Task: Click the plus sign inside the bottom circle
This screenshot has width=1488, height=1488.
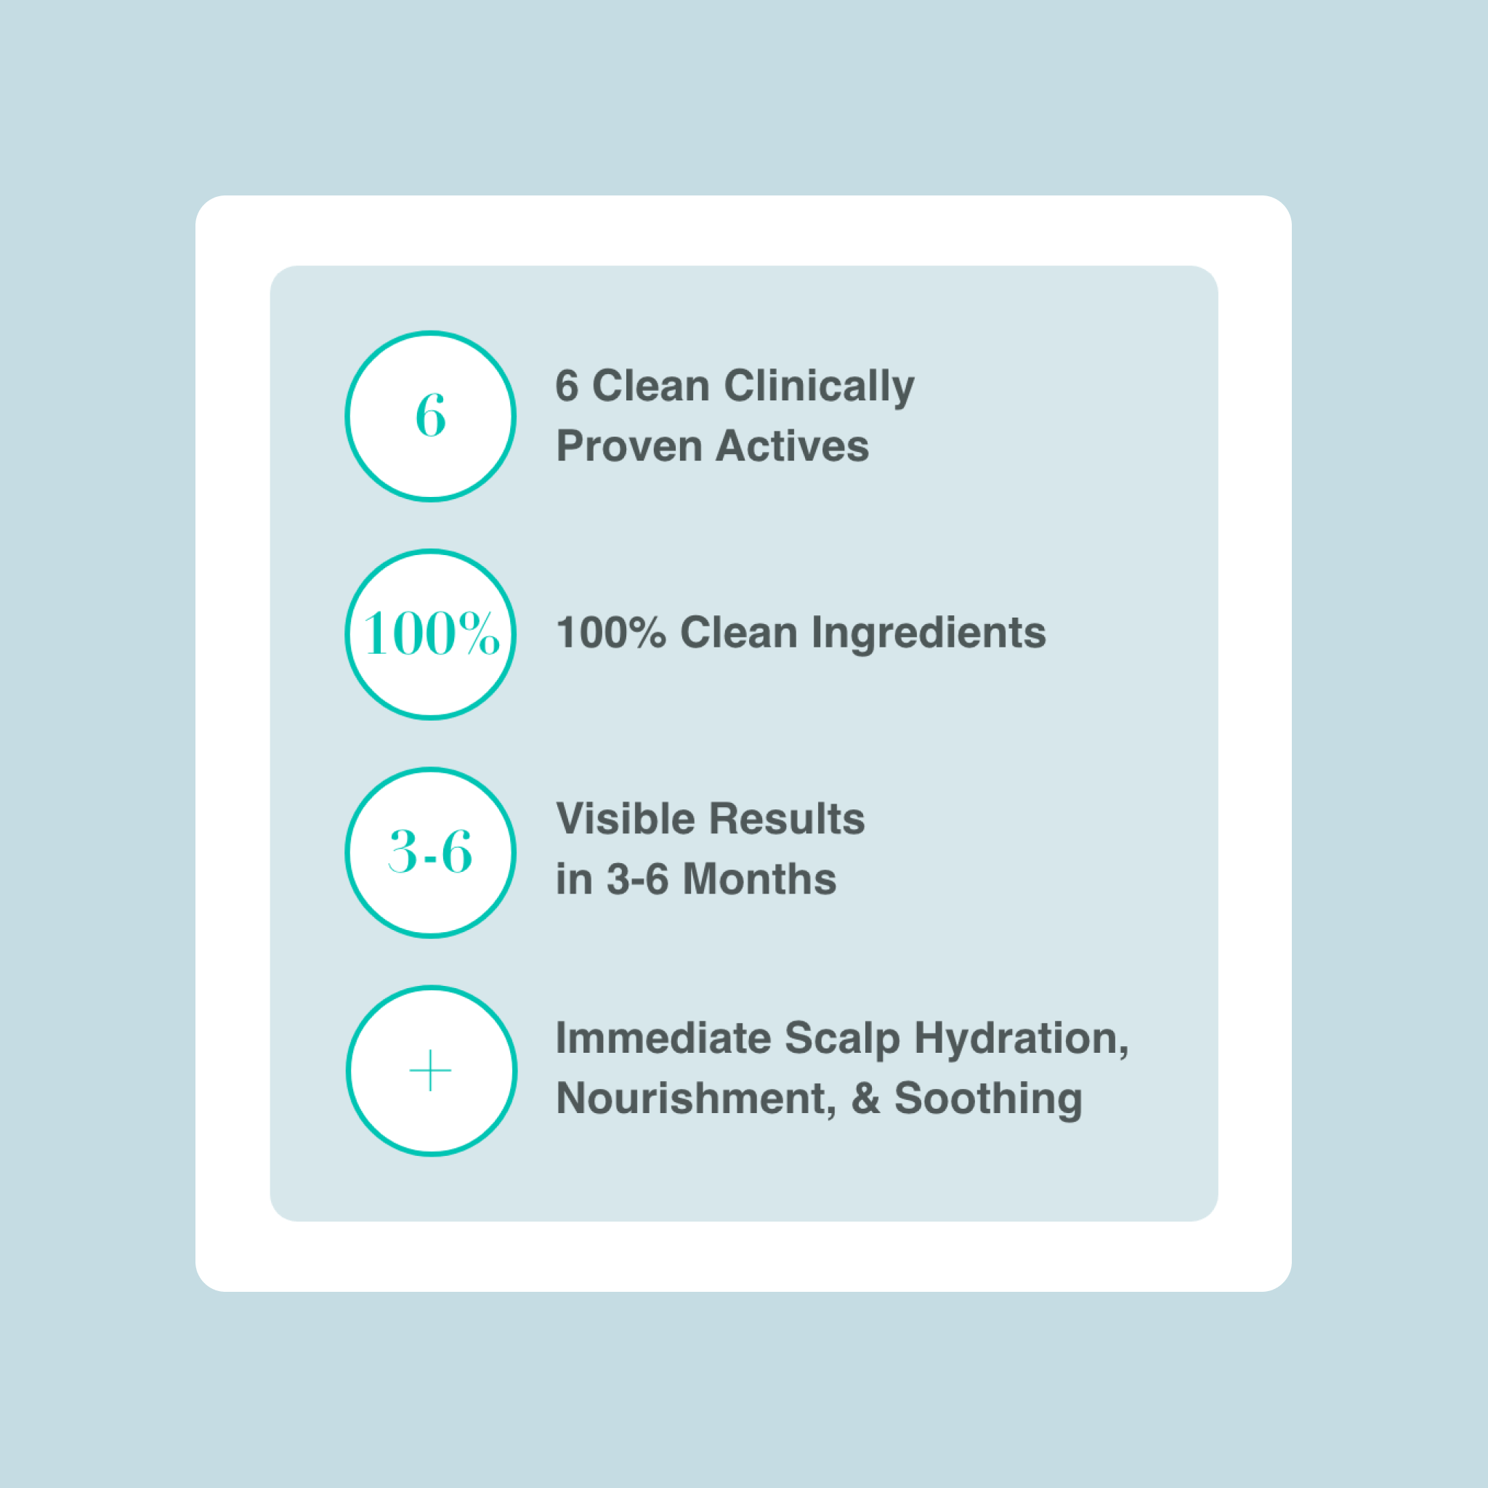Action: tap(431, 1070)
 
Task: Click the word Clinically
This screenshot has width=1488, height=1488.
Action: tap(820, 387)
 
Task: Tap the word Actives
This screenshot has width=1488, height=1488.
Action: tap(793, 447)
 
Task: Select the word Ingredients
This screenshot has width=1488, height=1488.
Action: tap(929, 634)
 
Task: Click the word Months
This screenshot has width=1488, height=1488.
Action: tap(759, 879)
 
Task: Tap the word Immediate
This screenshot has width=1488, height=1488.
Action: tap(663, 1038)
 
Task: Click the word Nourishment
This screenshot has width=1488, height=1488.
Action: tap(696, 1099)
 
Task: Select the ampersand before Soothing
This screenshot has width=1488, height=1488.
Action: tap(865, 1099)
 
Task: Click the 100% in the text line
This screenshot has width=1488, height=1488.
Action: tap(611, 633)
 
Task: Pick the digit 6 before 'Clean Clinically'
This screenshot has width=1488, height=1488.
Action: tap(567, 385)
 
